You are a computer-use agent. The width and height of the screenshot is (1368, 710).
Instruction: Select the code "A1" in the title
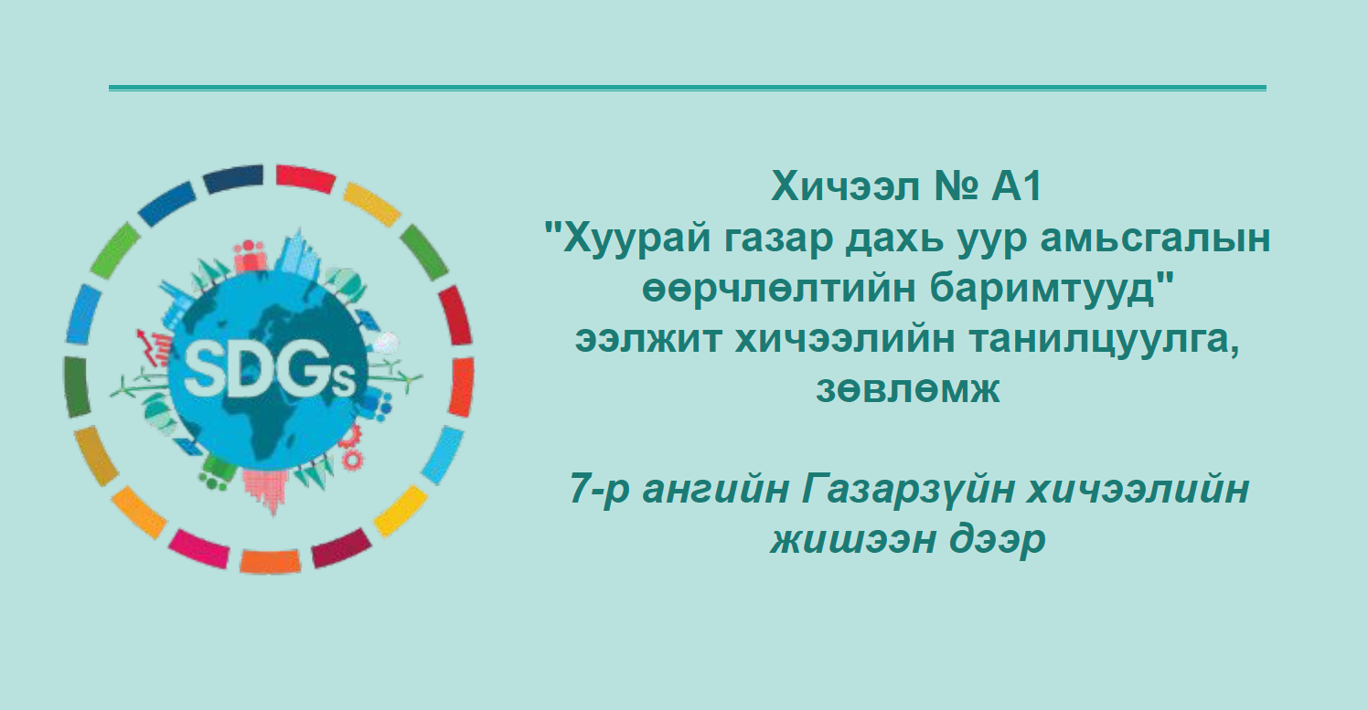pos(1017,186)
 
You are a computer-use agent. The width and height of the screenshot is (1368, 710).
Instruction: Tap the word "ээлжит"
pos(648,339)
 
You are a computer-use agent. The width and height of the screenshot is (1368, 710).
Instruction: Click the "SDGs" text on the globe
pos(270,372)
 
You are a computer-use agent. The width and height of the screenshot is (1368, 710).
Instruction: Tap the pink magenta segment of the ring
pos(198,548)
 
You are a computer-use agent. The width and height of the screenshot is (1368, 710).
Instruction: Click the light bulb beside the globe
pos(386,343)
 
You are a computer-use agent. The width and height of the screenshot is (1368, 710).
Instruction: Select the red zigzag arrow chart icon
pos(152,347)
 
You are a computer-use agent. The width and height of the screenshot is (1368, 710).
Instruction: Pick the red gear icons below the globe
pos(349,447)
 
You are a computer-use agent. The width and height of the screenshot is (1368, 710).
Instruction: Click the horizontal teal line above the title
pos(688,88)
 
